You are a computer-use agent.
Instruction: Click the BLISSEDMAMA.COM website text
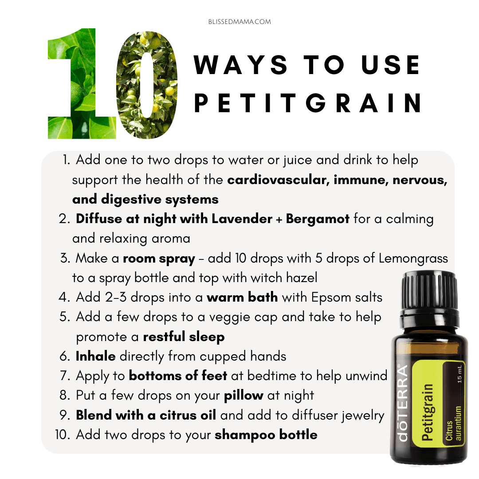239,22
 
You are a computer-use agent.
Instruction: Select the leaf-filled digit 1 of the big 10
82,83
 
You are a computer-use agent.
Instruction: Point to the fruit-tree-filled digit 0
147,85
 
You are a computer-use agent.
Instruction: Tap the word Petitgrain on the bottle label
428,412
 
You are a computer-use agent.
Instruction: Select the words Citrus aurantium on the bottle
453,424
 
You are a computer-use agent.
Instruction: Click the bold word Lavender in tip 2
242,219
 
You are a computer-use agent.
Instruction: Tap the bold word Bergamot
318,220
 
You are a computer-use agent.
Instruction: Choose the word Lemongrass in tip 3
413,259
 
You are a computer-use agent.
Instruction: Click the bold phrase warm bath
242,297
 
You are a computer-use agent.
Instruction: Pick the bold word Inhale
96,356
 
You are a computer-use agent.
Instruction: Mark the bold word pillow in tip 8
243,396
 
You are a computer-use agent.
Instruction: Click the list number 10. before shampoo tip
63,435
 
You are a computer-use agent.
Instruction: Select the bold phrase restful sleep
184,337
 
